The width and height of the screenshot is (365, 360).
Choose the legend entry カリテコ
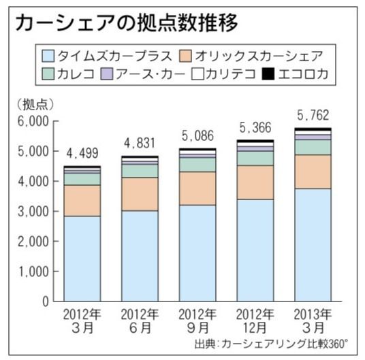pyautogui.click(x=219, y=73)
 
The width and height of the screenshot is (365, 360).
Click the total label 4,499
pyautogui.click(x=82, y=152)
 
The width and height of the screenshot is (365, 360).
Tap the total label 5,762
pyautogui.click(x=313, y=114)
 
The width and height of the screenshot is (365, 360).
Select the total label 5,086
pyautogui.click(x=197, y=135)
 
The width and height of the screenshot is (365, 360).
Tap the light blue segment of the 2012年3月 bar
pyautogui.click(x=82, y=259)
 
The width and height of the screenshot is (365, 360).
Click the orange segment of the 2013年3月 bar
pyautogui.click(x=313, y=171)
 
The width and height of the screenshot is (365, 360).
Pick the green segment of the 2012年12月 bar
pyautogui.click(x=255, y=158)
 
